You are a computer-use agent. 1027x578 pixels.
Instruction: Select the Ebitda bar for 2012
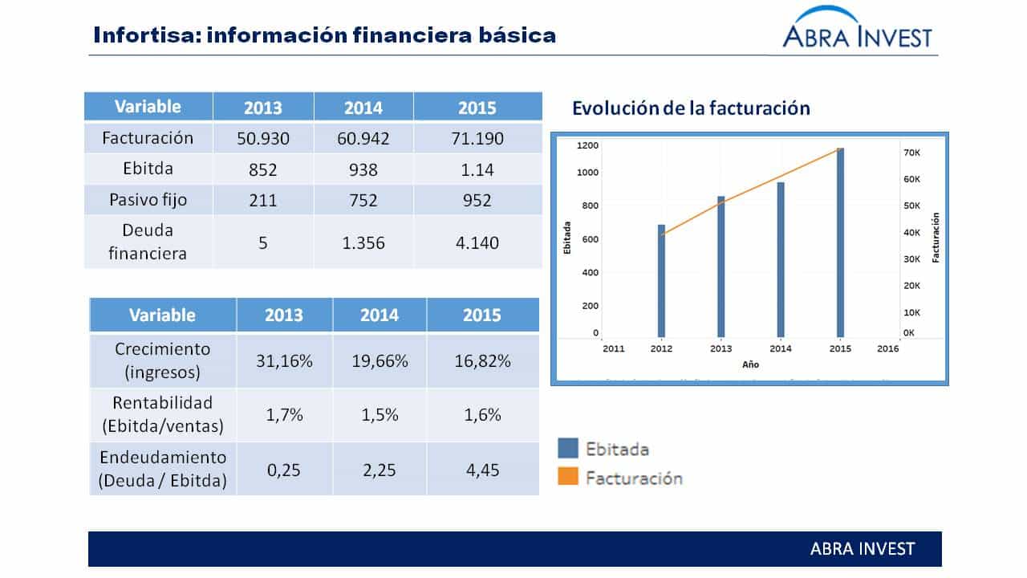point(661,281)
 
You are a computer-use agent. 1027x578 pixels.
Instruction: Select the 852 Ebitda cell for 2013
point(263,169)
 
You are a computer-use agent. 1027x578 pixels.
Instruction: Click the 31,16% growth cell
point(284,360)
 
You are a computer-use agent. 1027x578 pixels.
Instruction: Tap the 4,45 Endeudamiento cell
point(482,469)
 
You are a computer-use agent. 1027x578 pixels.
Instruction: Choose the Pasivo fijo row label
point(148,200)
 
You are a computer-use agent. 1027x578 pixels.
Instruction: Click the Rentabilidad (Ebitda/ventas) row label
point(163,414)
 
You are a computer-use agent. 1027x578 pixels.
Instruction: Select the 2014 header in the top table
point(363,107)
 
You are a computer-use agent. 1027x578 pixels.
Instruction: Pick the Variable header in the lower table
point(162,315)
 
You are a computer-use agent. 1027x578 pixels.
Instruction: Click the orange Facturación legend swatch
point(568,478)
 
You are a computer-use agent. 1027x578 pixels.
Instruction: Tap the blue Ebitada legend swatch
point(568,448)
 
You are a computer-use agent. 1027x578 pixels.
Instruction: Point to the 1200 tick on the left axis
point(587,145)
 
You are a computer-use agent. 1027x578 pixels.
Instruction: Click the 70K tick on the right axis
point(912,152)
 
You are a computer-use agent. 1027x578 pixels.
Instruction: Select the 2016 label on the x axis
point(888,348)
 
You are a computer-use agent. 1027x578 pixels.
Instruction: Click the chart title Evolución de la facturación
point(691,108)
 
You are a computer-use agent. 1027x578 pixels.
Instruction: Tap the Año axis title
point(750,364)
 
